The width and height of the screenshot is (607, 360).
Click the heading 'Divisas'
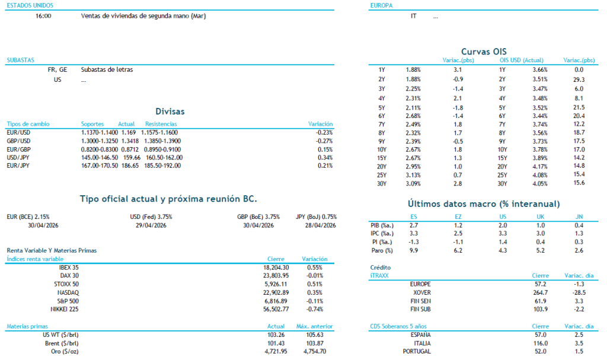tap(170, 111)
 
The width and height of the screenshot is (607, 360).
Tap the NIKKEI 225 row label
tap(65, 309)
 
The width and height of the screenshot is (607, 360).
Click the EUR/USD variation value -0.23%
tap(324, 132)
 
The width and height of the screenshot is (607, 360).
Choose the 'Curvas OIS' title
tap(484, 52)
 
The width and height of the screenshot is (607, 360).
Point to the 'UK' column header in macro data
tap(540, 217)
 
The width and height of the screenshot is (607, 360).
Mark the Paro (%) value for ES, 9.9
tap(414, 250)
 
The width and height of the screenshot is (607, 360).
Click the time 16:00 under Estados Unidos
tap(43, 16)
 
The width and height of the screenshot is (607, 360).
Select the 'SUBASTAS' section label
tap(20, 60)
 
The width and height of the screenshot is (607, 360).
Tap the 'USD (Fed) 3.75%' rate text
tap(151, 217)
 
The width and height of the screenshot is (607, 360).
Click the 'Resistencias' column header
tap(161, 124)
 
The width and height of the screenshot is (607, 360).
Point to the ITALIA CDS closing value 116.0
tap(540, 343)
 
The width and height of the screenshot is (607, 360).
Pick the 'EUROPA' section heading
tap(382, 5)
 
